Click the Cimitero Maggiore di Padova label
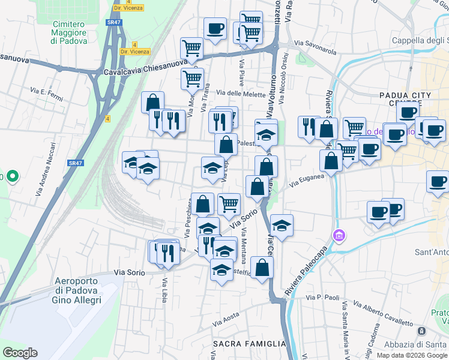click(69, 32)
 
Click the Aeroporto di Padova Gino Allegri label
click(77, 290)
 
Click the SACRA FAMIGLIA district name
click(250, 344)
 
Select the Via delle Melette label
click(241, 92)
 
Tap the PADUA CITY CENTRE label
click(406, 99)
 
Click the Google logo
click(20, 353)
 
